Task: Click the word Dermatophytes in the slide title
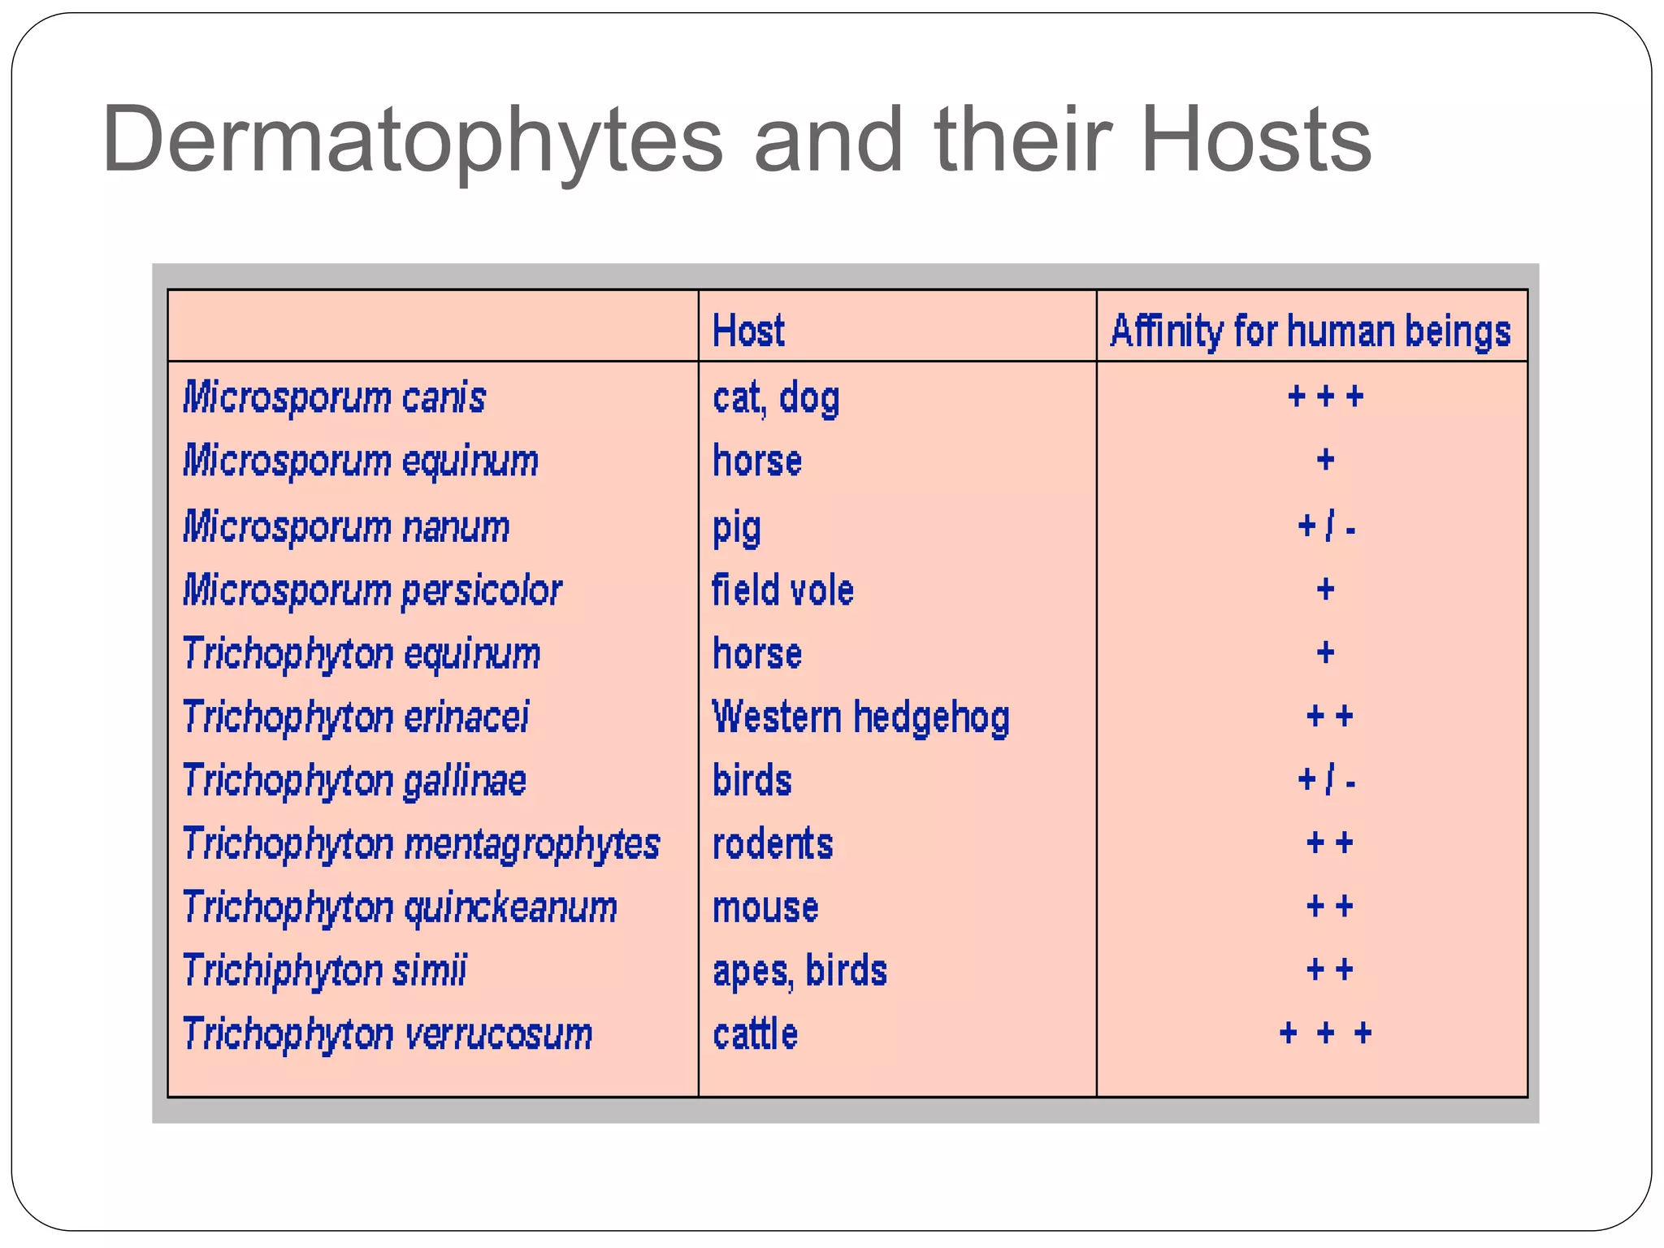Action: [x=412, y=141]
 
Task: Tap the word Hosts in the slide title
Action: [x=1256, y=141]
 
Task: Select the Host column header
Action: [x=748, y=331]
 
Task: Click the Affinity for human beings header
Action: [x=1310, y=331]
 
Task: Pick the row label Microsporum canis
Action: [x=334, y=398]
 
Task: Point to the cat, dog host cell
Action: [x=776, y=398]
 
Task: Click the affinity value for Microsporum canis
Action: [x=1325, y=396]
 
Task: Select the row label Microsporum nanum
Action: [x=346, y=526]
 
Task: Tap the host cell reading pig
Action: [x=736, y=528]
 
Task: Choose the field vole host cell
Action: [x=782, y=590]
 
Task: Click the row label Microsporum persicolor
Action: [x=372, y=591]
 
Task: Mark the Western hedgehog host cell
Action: [x=860, y=717]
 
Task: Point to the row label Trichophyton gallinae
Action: [x=354, y=781]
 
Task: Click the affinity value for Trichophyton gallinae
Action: [x=1326, y=781]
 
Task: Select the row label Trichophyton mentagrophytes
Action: [x=421, y=844]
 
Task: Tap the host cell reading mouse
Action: [x=765, y=908]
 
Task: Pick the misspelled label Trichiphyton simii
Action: [x=324, y=971]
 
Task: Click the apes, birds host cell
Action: [x=799, y=971]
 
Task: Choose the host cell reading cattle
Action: [x=755, y=1034]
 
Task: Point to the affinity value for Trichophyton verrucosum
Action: [x=1325, y=1033]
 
